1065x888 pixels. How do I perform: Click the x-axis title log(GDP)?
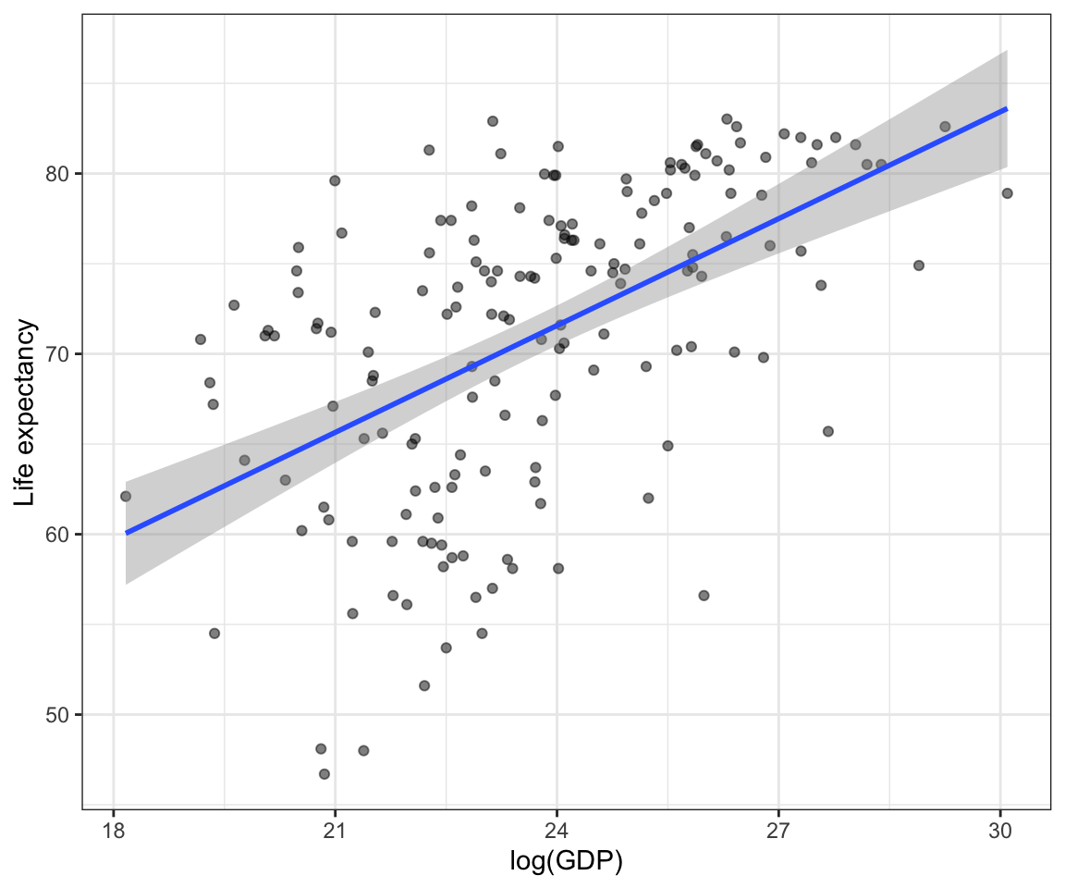click(x=566, y=862)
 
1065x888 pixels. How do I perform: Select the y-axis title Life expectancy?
click(x=27, y=413)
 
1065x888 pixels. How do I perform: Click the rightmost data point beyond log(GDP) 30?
click(x=1007, y=193)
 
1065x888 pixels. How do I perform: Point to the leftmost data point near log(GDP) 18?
click(x=126, y=497)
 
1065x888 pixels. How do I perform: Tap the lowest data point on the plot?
click(x=324, y=774)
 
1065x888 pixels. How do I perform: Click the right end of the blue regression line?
click(x=1006, y=109)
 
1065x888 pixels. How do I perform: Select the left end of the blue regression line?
click(x=127, y=533)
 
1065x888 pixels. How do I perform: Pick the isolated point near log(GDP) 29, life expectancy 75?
click(x=918, y=265)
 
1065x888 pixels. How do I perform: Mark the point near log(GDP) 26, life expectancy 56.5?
click(x=704, y=596)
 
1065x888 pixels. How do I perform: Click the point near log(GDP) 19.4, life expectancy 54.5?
click(x=214, y=634)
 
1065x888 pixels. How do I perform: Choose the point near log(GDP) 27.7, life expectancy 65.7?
click(x=828, y=431)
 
